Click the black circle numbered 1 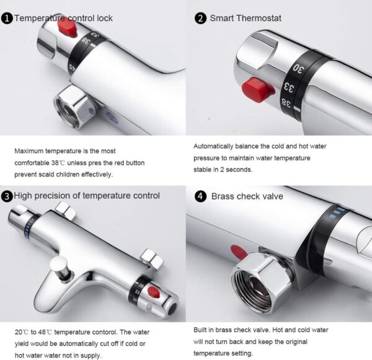[7, 19]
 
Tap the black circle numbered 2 [200, 19]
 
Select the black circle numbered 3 [7, 196]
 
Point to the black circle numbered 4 [200, 196]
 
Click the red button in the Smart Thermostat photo [257, 90]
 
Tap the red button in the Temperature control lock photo [67, 30]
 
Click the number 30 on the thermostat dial [298, 68]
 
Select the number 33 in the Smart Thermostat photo [290, 87]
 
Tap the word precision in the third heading [53, 196]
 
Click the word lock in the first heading [105, 18]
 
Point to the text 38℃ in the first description [58, 163]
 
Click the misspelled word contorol [105, 332]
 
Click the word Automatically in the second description [213, 146]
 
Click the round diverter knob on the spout [59, 263]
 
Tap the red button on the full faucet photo [153, 292]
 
